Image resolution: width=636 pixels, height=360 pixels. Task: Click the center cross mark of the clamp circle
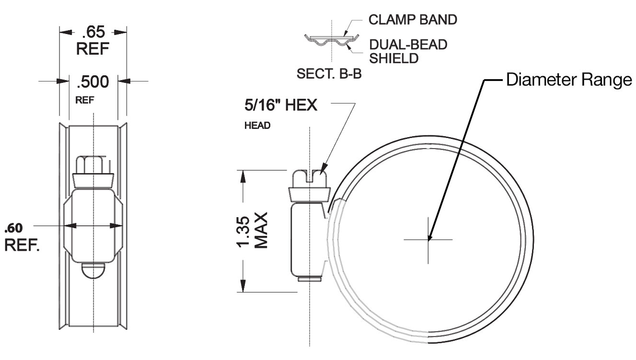428,239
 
